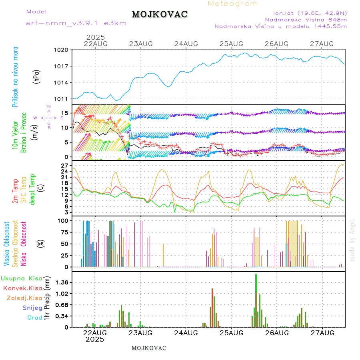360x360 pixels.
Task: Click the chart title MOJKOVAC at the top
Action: (160, 14)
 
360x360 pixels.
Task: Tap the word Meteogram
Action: (233, 4)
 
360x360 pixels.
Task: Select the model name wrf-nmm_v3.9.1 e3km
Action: (76, 23)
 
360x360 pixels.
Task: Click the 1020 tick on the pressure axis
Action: (62, 50)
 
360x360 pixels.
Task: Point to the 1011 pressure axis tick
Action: (62, 99)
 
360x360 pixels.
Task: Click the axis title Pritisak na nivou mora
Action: (15, 77)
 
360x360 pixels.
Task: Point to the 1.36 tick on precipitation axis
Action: (62, 282)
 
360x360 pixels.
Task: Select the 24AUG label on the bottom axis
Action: (186, 332)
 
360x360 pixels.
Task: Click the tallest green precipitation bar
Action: (256, 300)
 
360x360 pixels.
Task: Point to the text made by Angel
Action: (352, 240)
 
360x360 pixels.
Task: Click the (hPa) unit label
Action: (37, 77)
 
